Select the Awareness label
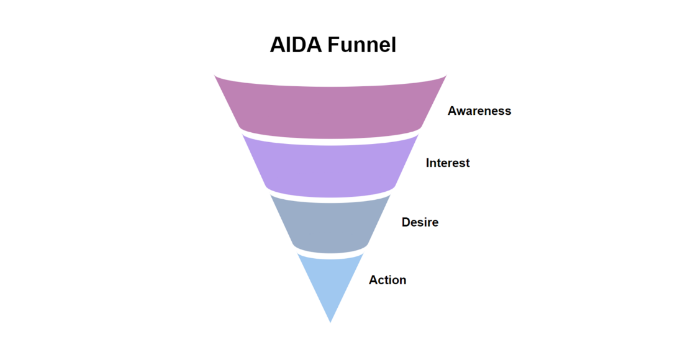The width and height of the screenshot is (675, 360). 479,111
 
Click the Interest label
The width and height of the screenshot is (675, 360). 448,163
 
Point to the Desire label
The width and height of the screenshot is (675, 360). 420,222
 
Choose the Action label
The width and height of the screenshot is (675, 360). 387,280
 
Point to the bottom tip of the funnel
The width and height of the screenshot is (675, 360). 330,321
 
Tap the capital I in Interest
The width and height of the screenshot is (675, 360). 428,163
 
